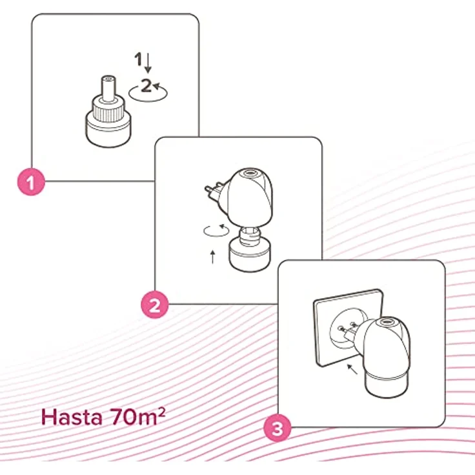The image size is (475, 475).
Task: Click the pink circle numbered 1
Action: (31, 182)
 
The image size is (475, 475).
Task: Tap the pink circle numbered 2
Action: (154, 305)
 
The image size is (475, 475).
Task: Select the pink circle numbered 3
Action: (277, 429)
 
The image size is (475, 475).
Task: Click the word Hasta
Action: (72, 417)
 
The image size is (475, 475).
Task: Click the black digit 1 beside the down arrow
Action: (139, 59)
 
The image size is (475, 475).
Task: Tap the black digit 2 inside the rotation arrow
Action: (146, 85)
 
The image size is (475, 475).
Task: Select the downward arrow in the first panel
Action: (148, 63)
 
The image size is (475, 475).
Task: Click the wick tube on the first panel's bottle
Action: (108, 88)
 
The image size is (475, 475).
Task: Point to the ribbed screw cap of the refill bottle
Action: (108, 109)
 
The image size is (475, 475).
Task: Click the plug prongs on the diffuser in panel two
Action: (214, 192)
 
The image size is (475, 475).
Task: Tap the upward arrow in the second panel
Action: (213, 257)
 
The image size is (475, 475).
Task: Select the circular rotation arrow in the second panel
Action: (216, 230)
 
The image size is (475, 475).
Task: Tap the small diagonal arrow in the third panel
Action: (352, 369)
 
